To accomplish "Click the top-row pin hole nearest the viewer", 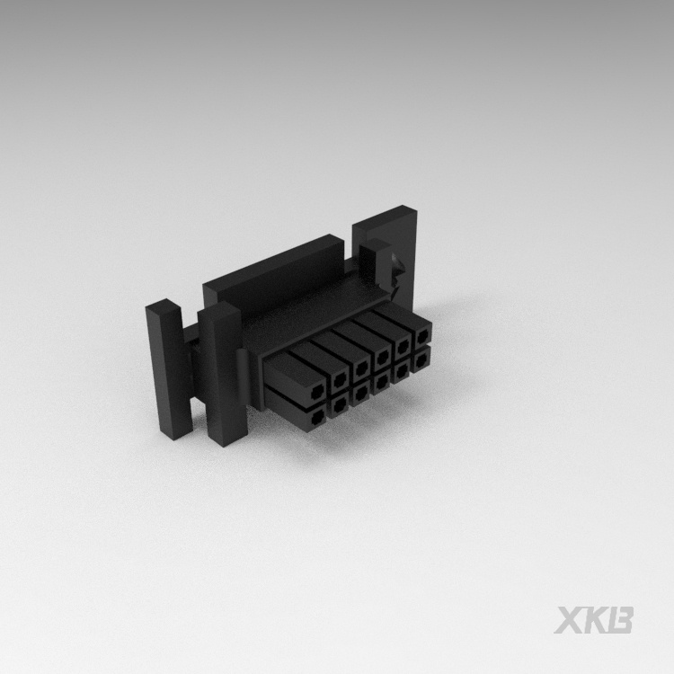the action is pos(317,391).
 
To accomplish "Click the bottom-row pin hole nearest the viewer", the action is pos(317,416).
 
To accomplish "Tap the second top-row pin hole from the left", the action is pos(340,378).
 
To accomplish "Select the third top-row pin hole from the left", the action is pos(361,367).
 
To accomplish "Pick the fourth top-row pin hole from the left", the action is pos(382,356).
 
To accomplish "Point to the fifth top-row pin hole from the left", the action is pos(402,346).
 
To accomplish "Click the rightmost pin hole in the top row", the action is pos(421,336).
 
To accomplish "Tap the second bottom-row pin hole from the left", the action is pos(340,404).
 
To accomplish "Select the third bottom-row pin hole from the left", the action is pos(360,392).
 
